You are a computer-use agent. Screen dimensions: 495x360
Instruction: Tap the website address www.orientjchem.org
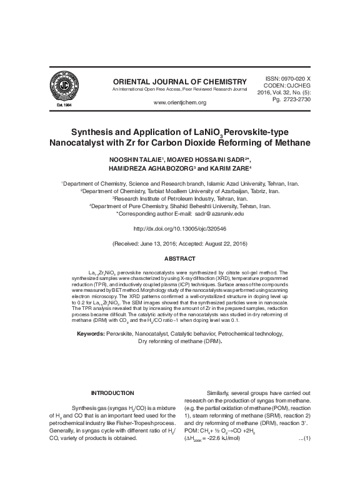point(179,102)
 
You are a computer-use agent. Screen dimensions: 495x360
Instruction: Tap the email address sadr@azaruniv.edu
point(213,212)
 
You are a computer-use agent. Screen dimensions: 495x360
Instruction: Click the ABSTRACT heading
point(179,259)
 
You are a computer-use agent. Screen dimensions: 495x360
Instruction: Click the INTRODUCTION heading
point(112,392)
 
